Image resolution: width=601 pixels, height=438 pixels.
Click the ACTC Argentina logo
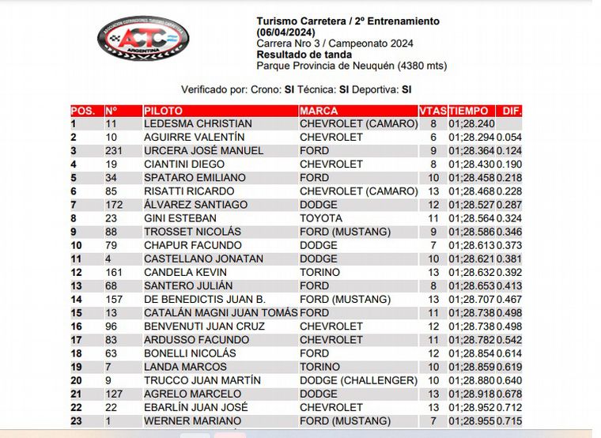tap(143, 39)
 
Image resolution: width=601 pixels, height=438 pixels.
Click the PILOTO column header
tap(164, 111)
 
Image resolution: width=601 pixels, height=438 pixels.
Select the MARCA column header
tap(319, 111)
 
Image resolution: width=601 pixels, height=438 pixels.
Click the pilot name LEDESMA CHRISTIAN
tap(198, 124)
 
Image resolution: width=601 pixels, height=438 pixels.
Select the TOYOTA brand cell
tap(321, 218)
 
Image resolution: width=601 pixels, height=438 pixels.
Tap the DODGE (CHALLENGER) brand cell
tap(358, 380)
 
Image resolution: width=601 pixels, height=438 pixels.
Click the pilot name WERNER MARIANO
tap(192, 421)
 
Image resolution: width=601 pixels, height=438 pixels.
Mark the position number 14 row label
tap(77, 300)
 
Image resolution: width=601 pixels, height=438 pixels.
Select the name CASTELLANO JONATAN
tap(203, 259)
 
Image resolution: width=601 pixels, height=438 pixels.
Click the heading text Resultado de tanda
tap(304, 55)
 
